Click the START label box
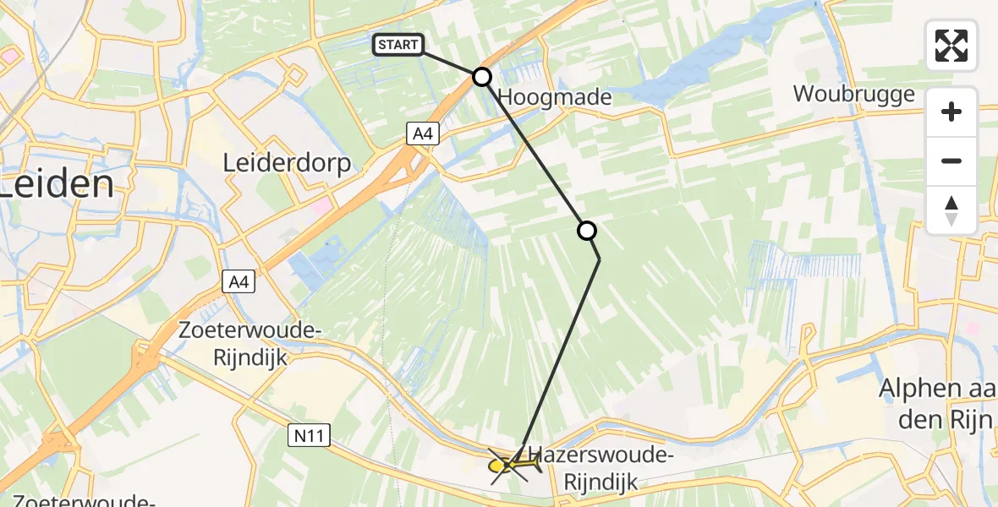(x=398, y=45)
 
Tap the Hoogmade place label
(x=555, y=97)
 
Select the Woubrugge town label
(x=853, y=93)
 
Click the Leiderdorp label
(x=287, y=163)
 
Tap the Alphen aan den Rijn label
(x=938, y=401)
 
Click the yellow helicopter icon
(x=512, y=464)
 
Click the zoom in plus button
(x=951, y=112)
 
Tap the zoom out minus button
(x=951, y=161)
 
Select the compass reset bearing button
(x=951, y=210)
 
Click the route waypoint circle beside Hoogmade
(x=481, y=78)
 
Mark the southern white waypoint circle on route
(x=586, y=231)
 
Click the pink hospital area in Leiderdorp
(x=322, y=205)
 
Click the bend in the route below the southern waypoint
(x=600, y=260)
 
